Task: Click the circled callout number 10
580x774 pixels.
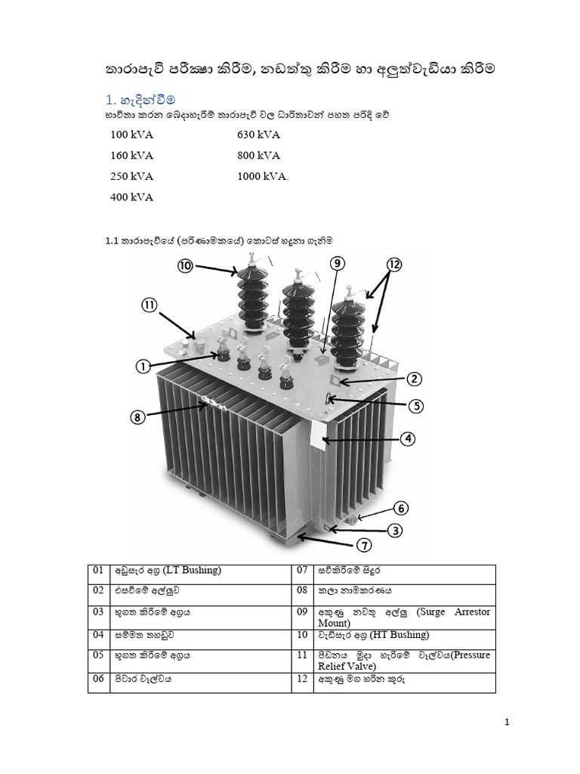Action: [x=186, y=265]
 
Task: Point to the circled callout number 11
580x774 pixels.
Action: [x=150, y=306]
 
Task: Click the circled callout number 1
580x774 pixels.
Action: [x=141, y=367]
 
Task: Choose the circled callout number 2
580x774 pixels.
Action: [x=415, y=379]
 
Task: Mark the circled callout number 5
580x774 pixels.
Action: [x=416, y=406]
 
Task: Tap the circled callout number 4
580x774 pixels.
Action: [x=406, y=438]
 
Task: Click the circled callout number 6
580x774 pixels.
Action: [x=400, y=508]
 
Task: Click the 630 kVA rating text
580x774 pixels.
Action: [x=258, y=135]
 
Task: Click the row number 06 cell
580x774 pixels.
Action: [x=99, y=679]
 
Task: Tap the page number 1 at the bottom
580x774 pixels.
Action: [x=508, y=723]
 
